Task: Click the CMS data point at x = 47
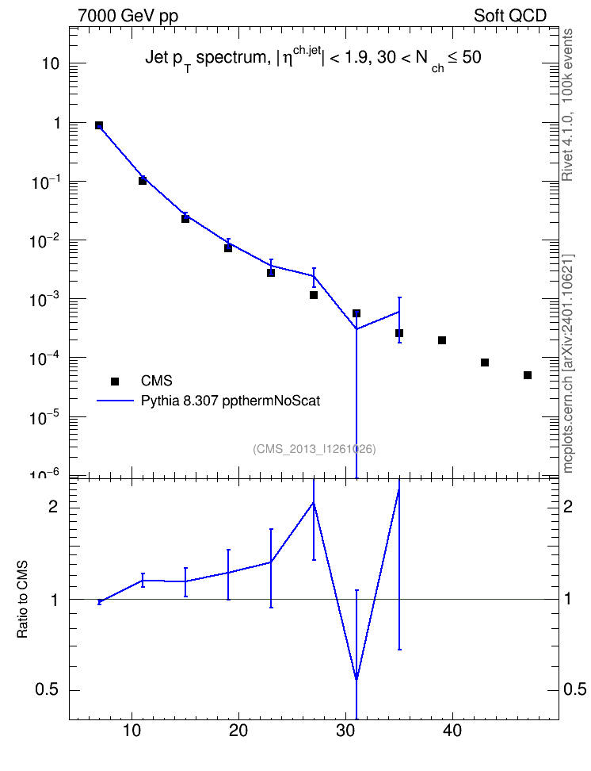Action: tap(527, 375)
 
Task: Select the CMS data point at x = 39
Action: tap(441, 340)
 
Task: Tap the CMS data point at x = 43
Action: tap(484, 362)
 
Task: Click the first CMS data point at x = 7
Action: tap(99, 125)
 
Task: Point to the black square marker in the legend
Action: tap(114, 381)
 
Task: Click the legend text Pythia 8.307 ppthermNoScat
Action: tap(231, 401)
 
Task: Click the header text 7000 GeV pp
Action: tap(128, 16)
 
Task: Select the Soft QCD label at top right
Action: tap(510, 16)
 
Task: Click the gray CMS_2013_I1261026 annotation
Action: tap(315, 449)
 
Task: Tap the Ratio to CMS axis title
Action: tap(22, 600)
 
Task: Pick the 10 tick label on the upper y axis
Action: tap(50, 63)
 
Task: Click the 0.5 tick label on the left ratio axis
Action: tap(47, 690)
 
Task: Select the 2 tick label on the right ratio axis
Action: tap(568, 506)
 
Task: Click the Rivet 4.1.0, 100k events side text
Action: tap(567, 105)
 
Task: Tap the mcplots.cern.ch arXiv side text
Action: tap(567, 363)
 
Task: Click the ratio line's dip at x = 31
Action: tap(357, 680)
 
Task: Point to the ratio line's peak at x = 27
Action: tap(314, 502)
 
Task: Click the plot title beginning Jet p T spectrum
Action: tap(313, 59)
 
